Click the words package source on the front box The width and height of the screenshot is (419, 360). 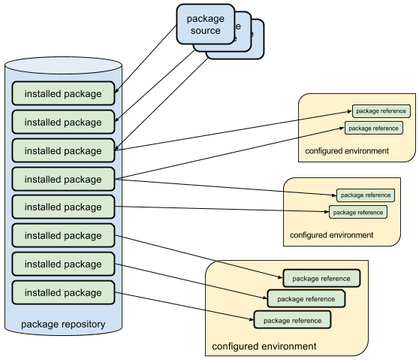(x=206, y=24)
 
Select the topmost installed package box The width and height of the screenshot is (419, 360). (x=63, y=93)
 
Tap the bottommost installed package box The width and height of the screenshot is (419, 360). (x=63, y=292)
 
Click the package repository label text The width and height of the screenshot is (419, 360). (x=63, y=324)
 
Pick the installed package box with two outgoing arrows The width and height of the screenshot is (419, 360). (x=63, y=179)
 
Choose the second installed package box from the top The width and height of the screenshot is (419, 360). (x=63, y=122)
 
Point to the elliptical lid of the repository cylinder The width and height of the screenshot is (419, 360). (x=63, y=65)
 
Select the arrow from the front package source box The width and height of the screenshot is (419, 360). (x=146, y=59)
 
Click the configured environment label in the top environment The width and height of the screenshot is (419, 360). (x=347, y=151)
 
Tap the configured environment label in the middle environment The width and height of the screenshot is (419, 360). (x=331, y=235)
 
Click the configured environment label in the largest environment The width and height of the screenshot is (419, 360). (x=264, y=346)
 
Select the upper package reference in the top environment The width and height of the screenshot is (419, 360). (x=381, y=111)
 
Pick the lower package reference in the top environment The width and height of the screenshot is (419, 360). (x=374, y=128)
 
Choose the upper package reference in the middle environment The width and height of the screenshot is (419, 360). (x=366, y=195)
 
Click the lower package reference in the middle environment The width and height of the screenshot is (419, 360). (x=358, y=212)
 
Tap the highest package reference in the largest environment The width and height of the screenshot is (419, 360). (x=321, y=278)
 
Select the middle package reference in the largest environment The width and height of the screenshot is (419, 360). (x=306, y=298)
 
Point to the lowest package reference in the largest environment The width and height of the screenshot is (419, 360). (x=292, y=319)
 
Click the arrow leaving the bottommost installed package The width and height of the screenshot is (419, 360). (x=184, y=306)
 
